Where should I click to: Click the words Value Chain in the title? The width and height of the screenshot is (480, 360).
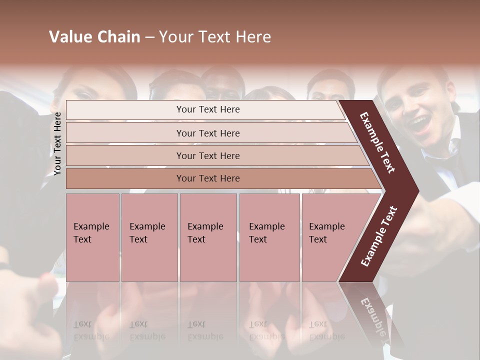(94, 37)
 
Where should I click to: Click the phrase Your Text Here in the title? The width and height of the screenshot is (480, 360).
(215, 37)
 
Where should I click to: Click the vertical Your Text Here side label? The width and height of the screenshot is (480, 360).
(57, 143)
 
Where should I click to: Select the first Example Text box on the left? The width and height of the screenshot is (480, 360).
(92, 237)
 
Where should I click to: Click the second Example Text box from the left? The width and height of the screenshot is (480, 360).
(149, 237)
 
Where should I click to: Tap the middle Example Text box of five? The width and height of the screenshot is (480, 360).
(208, 237)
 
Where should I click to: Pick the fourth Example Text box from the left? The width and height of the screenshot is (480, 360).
(269, 237)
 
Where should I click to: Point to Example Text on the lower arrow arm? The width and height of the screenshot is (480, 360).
(379, 236)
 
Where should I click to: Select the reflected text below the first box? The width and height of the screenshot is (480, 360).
(91, 330)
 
